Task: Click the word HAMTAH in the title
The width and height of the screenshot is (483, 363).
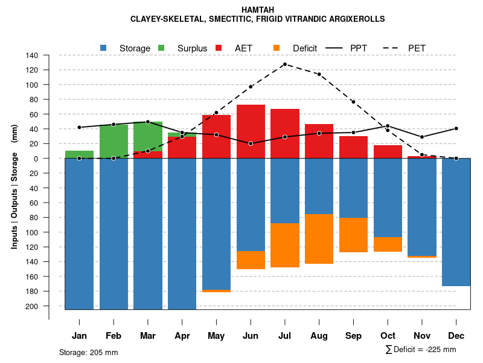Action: [258, 10]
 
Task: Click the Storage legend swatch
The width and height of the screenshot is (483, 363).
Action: [104, 48]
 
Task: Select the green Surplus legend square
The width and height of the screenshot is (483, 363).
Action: [161, 48]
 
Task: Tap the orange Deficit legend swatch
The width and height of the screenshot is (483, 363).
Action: [277, 48]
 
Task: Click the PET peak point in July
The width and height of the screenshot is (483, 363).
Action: [284, 64]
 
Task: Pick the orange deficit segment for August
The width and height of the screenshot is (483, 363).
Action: [319, 239]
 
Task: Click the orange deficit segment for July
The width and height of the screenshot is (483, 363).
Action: [284, 245]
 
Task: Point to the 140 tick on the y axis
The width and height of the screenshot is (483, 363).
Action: [32, 56]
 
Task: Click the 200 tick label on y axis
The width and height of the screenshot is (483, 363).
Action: [32, 306]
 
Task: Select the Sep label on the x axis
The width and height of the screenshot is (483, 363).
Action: [353, 336]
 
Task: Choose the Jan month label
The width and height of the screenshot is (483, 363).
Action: [79, 336]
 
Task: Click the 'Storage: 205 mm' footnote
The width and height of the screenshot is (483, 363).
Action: [88, 352]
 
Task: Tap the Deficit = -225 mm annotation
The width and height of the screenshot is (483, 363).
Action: [421, 350]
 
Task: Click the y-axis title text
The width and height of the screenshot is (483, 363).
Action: [14, 187]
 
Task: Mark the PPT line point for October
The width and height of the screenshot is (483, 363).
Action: [388, 126]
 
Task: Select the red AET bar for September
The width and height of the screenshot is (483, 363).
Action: [353, 147]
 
